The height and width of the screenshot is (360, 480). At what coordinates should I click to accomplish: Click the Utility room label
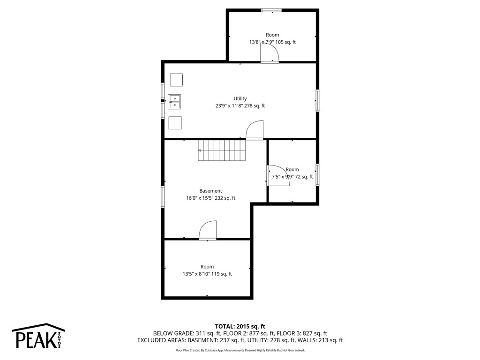[x=240, y=98]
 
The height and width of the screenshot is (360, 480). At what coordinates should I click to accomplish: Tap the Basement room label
[x=210, y=191]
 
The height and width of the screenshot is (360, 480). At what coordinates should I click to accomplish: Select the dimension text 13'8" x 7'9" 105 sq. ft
[x=272, y=42]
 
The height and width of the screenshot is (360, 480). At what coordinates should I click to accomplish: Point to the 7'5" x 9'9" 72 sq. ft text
[x=292, y=177]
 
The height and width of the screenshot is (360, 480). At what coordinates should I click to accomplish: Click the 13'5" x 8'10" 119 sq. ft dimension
[x=207, y=274]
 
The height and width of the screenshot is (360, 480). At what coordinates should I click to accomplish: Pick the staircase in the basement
[x=222, y=150]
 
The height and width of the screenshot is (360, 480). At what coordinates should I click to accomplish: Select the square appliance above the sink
[x=176, y=80]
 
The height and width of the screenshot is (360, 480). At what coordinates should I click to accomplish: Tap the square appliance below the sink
[x=175, y=123]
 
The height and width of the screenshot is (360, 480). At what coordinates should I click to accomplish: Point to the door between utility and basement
[x=255, y=130]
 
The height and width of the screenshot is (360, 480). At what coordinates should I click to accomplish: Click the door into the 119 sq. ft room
[x=208, y=231]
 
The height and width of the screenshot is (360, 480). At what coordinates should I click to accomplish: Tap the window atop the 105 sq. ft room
[x=271, y=10]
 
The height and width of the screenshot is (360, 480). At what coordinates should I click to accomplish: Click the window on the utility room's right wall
[x=317, y=100]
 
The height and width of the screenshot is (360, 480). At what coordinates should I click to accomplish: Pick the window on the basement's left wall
[x=163, y=196]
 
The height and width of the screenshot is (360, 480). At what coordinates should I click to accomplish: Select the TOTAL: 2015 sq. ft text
[x=240, y=326]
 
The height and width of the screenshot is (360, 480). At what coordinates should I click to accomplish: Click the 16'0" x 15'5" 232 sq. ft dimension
[x=210, y=198]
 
